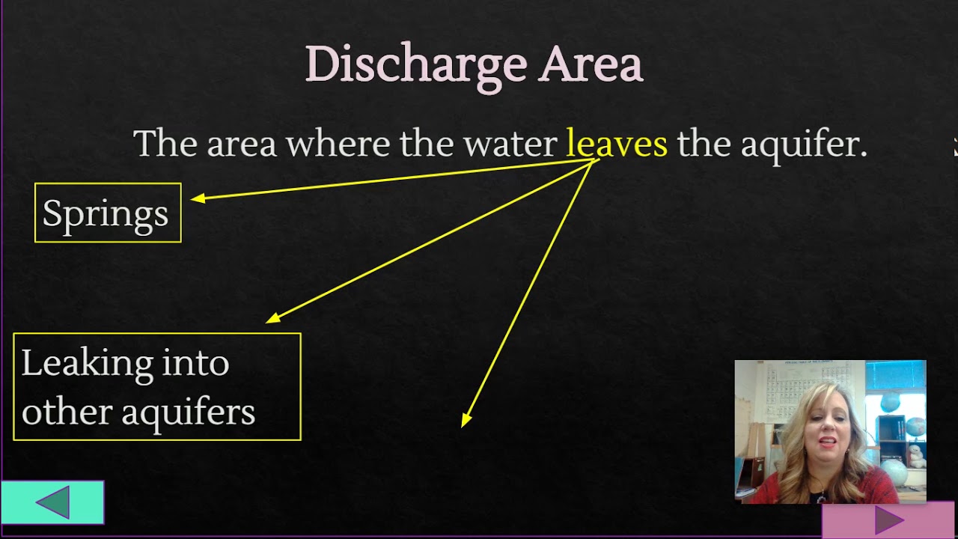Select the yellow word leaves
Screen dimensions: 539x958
616,142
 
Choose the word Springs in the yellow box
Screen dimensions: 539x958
106,214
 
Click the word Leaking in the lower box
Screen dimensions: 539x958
76,364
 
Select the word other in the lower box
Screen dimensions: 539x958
55,412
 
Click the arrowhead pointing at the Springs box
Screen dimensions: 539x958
197,198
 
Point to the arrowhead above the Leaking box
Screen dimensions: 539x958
273,318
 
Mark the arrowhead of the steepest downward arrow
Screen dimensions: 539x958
466,421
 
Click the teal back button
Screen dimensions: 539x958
52,502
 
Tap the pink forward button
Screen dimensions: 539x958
889,520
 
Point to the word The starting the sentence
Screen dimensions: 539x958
164,143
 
